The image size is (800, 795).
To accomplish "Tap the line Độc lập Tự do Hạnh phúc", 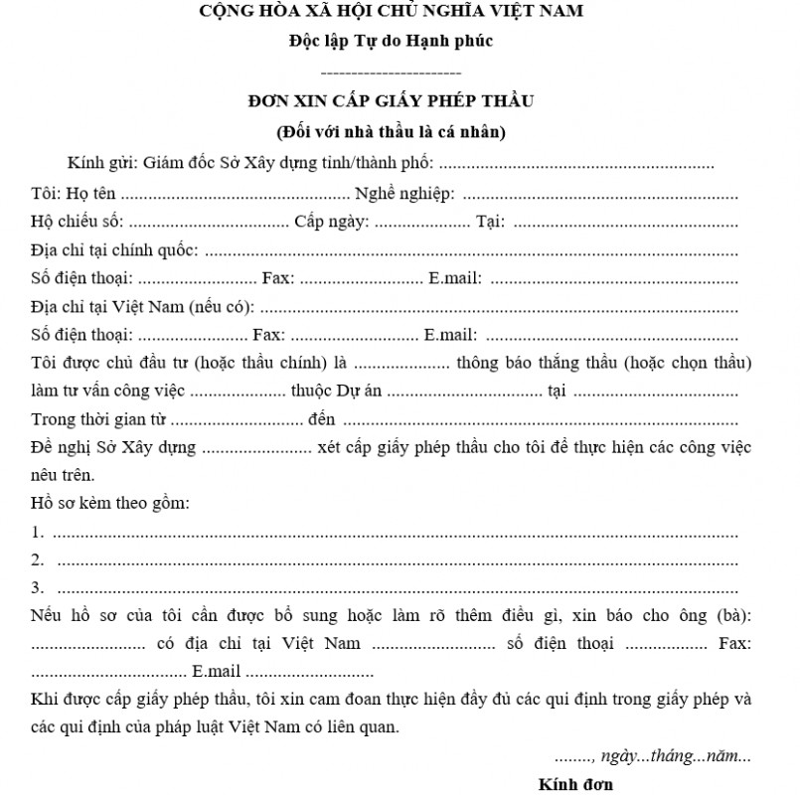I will pyautogui.click(x=392, y=42).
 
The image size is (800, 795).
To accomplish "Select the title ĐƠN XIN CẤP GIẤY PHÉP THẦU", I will pyautogui.click(x=392, y=100).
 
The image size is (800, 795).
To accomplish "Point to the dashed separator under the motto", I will pyautogui.click(x=392, y=73).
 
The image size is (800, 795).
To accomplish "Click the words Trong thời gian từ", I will pyautogui.click(x=86, y=419).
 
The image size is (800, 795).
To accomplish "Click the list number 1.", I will pyautogui.click(x=38, y=533).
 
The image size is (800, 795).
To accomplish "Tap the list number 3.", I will pyautogui.click(x=38, y=586).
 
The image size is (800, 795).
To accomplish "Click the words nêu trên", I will pyautogui.click(x=62, y=475).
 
